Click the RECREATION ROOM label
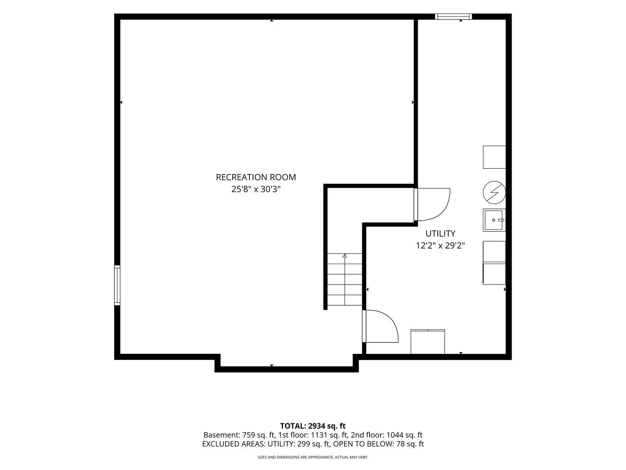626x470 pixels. click(256, 177)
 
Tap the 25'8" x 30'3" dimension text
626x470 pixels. click(256, 189)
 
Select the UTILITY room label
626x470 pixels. click(440, 234)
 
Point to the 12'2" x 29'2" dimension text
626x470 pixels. click(440, 246)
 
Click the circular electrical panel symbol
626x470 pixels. click(494, 192)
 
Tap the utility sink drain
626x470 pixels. click(493, 220)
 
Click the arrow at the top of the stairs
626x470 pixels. click(345, 256)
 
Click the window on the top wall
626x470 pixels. click(453, 17)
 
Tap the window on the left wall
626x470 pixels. click(117, 285)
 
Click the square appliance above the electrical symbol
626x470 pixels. click(494, 157)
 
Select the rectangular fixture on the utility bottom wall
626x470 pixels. click(427, 342)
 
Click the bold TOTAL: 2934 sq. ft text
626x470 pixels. click(313, 426)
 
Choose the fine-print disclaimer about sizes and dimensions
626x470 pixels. click(313, 457)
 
